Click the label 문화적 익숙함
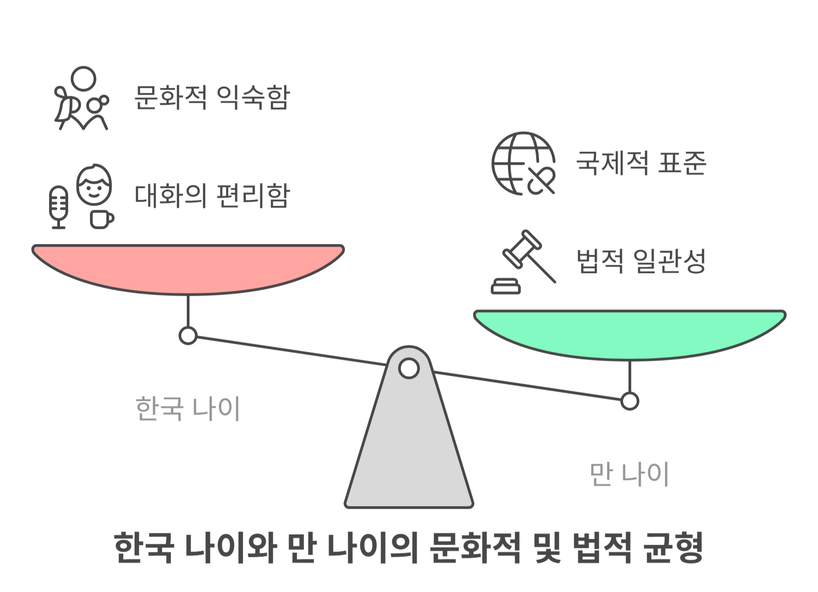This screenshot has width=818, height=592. point(212,97)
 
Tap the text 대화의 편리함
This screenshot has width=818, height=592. point(212,196)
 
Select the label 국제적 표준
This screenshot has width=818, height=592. point(641,162)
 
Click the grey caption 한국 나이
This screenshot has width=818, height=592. point(188,408)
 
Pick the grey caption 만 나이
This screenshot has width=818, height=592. point(629,474)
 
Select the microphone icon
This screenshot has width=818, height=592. point(58,207)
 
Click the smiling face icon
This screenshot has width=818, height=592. point(94,184)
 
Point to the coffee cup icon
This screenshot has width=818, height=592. point(101,219)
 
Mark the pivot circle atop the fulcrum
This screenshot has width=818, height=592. point(409,368)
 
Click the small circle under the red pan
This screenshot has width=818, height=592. point(188,336)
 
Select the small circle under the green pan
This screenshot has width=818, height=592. point(629,401)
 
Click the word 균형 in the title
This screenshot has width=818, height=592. point(674,547)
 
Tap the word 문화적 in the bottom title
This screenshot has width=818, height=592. point(475,547)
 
